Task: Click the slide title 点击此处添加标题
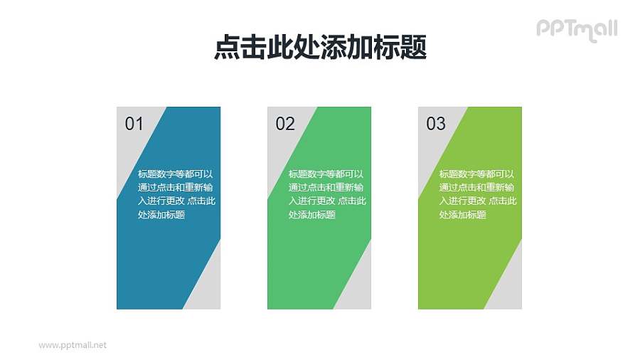tap(320, 48)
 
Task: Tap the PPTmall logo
tap(576, 29)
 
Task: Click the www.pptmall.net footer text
tap(73, 345)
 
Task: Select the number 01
tap(134, 124)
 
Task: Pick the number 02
tap(284, 124)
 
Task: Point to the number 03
tap(435, 124)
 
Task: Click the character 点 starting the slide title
tap(226, 48)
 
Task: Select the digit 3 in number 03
tap(441, 124)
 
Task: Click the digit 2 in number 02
tap(289, 124)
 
